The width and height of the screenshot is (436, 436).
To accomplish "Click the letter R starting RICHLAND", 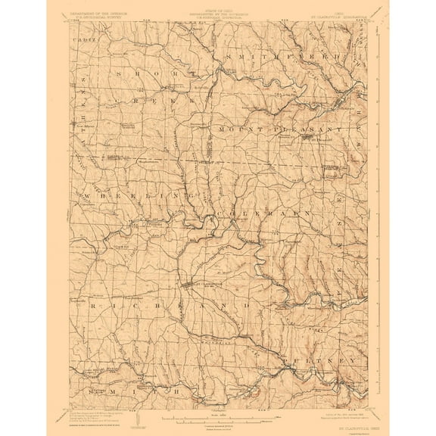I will pyautogui.click(x=91, y=303).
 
